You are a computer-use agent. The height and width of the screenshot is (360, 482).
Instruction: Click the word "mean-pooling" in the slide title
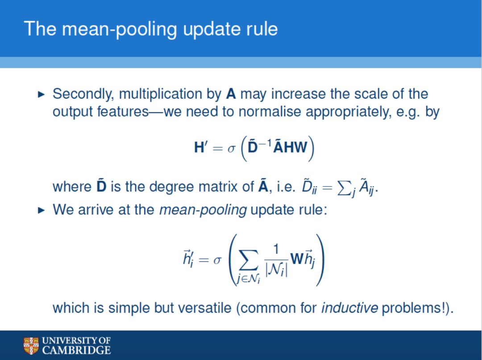coord(119,29)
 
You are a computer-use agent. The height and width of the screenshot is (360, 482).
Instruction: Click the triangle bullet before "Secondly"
coord(41,94)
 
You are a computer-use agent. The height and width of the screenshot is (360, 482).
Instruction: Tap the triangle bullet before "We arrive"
coord(41,210)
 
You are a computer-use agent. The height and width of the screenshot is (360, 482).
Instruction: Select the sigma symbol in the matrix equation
coord(231,149)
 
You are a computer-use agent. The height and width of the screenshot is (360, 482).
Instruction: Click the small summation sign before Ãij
coord(344,188)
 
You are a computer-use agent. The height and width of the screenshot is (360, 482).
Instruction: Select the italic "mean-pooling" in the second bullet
coord(203,210)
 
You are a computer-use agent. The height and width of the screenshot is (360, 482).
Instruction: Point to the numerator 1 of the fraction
coord(276,249)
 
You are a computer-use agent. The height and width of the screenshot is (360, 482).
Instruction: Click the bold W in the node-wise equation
coord(297,259)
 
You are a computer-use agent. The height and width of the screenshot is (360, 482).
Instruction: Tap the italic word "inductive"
coord(349,308)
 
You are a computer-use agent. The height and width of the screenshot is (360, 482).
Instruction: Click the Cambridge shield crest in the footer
coord(31,346)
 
